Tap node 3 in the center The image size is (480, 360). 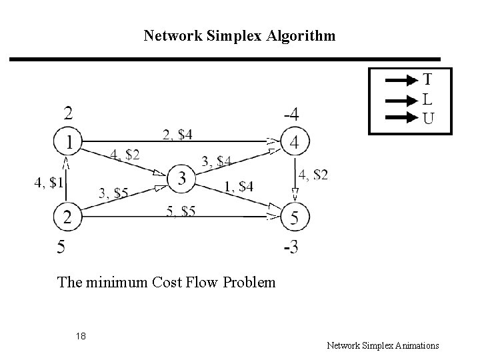[181, 179]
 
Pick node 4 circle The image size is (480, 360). [293, 142]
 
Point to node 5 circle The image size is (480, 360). [293, 217]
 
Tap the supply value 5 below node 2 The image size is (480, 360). [61, 248]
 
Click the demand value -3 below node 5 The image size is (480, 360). [291, 248]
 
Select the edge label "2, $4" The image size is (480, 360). [177, 135]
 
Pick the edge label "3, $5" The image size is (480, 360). [113, 193]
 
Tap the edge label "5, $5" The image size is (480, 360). [180, 211]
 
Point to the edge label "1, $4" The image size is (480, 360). [238, 186]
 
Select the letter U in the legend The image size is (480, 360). [427, 119]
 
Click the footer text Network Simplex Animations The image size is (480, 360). [383, 345]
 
